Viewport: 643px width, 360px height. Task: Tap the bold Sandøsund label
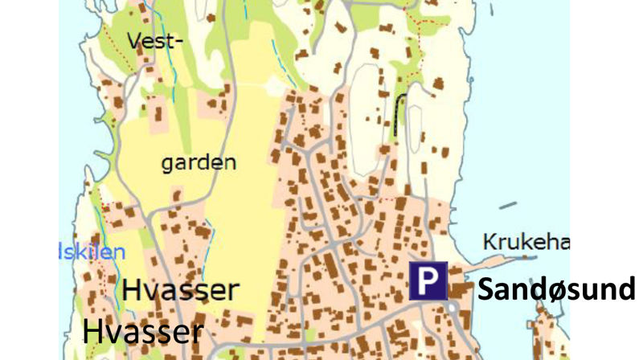pyautogui.click(x=555, y=288)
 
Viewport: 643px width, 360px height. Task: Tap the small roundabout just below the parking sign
pyautogui.click(x=452, y=307)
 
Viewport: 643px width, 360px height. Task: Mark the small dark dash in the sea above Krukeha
pyautogui.click(x=507, y=206)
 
